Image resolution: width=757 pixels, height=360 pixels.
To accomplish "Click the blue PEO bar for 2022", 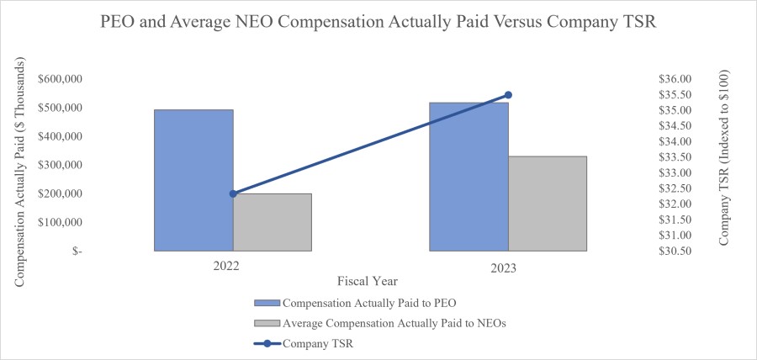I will coord(194,180).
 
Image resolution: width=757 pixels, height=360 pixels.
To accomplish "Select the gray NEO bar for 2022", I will coord(273,222).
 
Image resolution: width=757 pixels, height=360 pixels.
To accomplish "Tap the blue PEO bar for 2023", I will coord(468,177).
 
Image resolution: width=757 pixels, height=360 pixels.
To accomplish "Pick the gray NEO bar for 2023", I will coord(547,204).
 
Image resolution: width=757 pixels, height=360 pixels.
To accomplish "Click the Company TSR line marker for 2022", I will coord(233,193).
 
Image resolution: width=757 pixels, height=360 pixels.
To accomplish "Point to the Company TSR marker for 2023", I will coord(508,95).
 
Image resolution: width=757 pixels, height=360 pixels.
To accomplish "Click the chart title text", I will coord(378,23).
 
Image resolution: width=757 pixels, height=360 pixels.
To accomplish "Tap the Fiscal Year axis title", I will coord(367,281).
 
